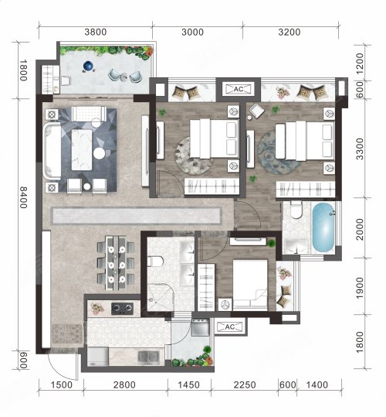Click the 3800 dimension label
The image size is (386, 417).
(96, 32)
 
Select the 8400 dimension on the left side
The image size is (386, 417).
(23, 197)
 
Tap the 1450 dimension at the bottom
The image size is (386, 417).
(188, 385)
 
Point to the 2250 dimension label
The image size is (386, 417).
(245, 385)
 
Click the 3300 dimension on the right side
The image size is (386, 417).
(360, 149)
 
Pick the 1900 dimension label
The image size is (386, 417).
(360, 288)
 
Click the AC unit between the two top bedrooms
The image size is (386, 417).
(239, 89)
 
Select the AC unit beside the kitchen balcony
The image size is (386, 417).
(230, 326)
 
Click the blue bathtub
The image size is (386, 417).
(323, 227)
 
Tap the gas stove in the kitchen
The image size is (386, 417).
(122, 309)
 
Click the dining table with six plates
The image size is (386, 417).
(116, 263)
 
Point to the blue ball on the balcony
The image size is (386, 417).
(88, 66)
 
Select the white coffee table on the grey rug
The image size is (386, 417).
(82, 149)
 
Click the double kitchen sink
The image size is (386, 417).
(148, 357)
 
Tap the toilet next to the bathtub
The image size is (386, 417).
(296, 210)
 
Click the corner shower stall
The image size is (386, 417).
(161, 297)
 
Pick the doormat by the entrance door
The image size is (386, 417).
(67, 333)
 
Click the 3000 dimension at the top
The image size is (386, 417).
(192, 32)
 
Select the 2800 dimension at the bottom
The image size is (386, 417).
(124, 385)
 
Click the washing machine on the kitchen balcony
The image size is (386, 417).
(201, 327)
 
